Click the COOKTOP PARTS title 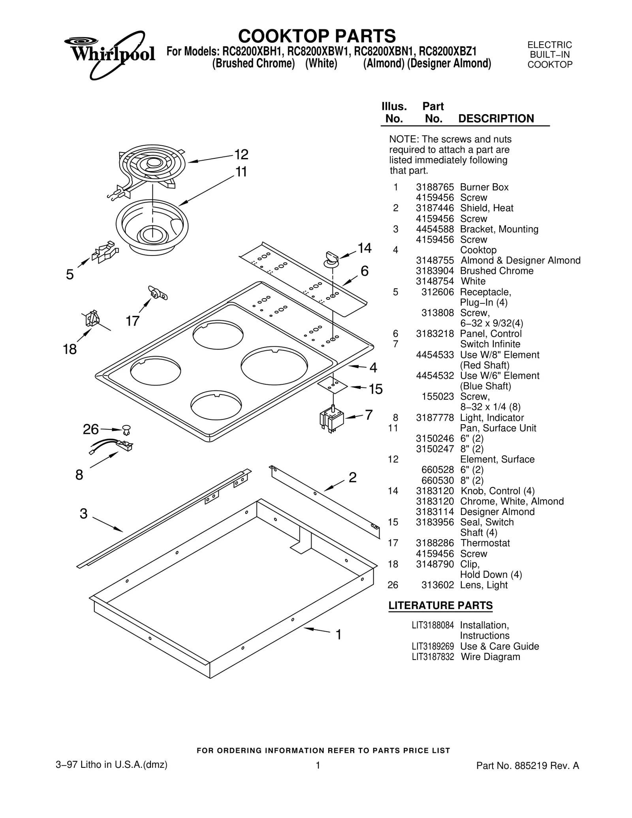(x=316, y=36)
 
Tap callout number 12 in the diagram (x=241, y=154)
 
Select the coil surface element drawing (x=152, y=166)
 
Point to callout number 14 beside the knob (x=364, y=248)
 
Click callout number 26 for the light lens (x=90, y=429)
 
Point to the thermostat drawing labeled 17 (x=157, y=293)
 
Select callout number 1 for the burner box (x=338, y=635)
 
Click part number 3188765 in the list (x=434, y=187)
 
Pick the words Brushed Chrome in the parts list (x=497, y=271)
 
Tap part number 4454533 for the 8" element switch (x=434, y=355)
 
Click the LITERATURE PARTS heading (x=440, y=606)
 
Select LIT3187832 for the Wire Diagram (x=433, y=657)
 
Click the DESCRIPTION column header (x=496, y=118)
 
